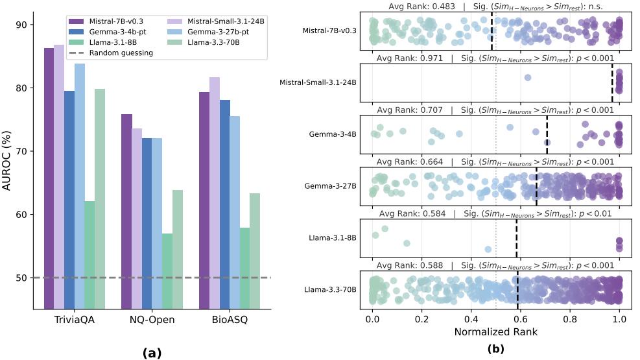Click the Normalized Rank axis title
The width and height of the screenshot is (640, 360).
click(496, 331)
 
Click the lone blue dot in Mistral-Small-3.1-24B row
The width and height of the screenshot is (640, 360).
click(528, 78)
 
